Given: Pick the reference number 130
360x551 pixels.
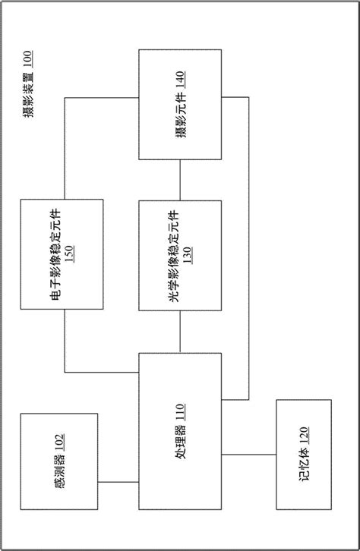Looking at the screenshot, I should [x=187, y=256].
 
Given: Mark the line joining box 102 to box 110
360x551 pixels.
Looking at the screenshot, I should [x=118, y=483].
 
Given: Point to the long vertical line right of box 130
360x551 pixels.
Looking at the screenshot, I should [x=248, y=250].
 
